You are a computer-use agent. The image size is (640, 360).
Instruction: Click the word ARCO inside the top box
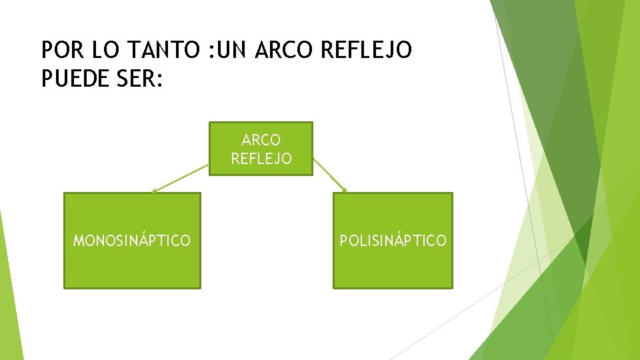[261, 140]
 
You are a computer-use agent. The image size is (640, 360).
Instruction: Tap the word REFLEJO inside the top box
[261, 159]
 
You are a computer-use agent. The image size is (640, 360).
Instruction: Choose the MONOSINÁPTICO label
[131, 241]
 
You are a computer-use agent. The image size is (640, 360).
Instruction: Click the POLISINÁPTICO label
[393, 241]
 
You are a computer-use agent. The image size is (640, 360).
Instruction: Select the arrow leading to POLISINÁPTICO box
[330, 175]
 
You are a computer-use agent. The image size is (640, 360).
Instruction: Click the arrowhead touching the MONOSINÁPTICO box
[154, 191]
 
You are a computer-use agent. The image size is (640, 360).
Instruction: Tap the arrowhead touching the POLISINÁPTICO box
[345, 191]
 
